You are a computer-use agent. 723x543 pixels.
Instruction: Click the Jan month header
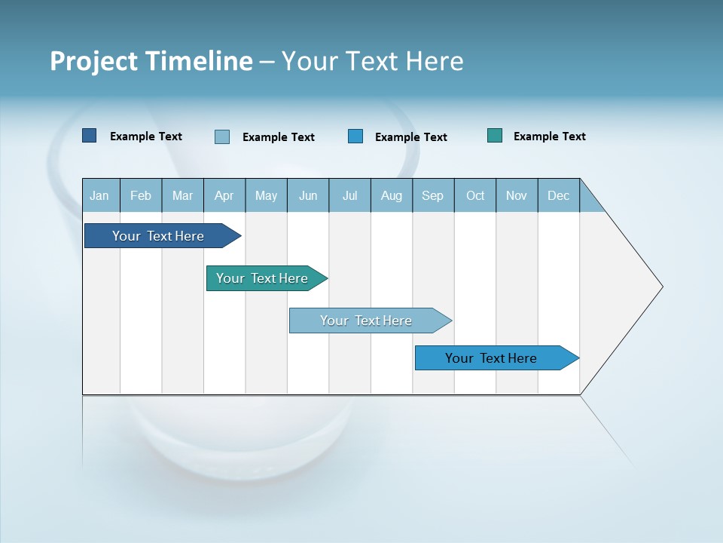99,196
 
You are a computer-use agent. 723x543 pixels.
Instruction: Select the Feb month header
141,196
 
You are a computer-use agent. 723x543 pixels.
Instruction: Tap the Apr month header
224,196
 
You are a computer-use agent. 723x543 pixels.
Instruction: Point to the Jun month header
308,196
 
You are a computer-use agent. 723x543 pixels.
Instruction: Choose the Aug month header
392,196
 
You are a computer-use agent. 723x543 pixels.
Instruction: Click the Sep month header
432,196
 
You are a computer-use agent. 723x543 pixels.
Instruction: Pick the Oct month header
475,196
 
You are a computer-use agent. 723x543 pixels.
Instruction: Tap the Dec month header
558,196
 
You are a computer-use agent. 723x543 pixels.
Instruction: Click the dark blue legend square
90,136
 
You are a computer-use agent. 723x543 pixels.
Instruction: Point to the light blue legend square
222,137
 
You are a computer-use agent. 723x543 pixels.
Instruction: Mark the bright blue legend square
355,137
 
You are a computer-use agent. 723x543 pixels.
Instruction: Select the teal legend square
495,136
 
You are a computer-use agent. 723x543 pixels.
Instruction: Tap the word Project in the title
94,61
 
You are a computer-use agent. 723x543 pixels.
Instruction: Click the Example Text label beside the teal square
549,137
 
